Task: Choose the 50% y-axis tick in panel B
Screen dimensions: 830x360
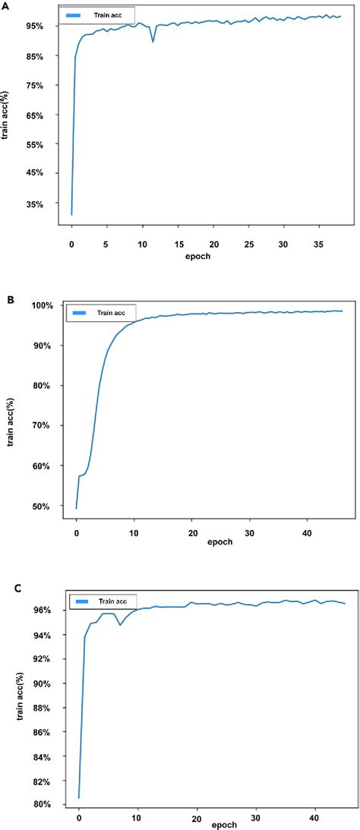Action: click(41, 507)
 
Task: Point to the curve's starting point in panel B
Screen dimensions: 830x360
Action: click(77, 508)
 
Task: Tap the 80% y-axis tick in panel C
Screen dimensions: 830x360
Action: click(41, 804)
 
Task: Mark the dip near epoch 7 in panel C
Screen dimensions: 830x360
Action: click(120, 624)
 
